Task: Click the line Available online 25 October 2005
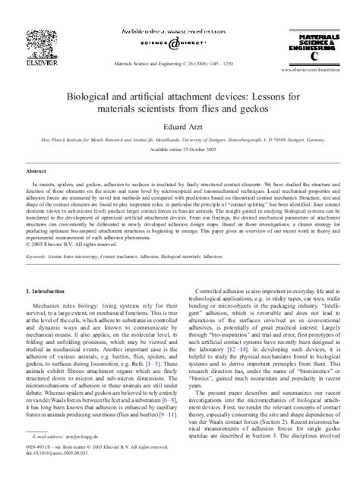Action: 179,150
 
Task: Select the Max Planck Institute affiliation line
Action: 179,141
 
